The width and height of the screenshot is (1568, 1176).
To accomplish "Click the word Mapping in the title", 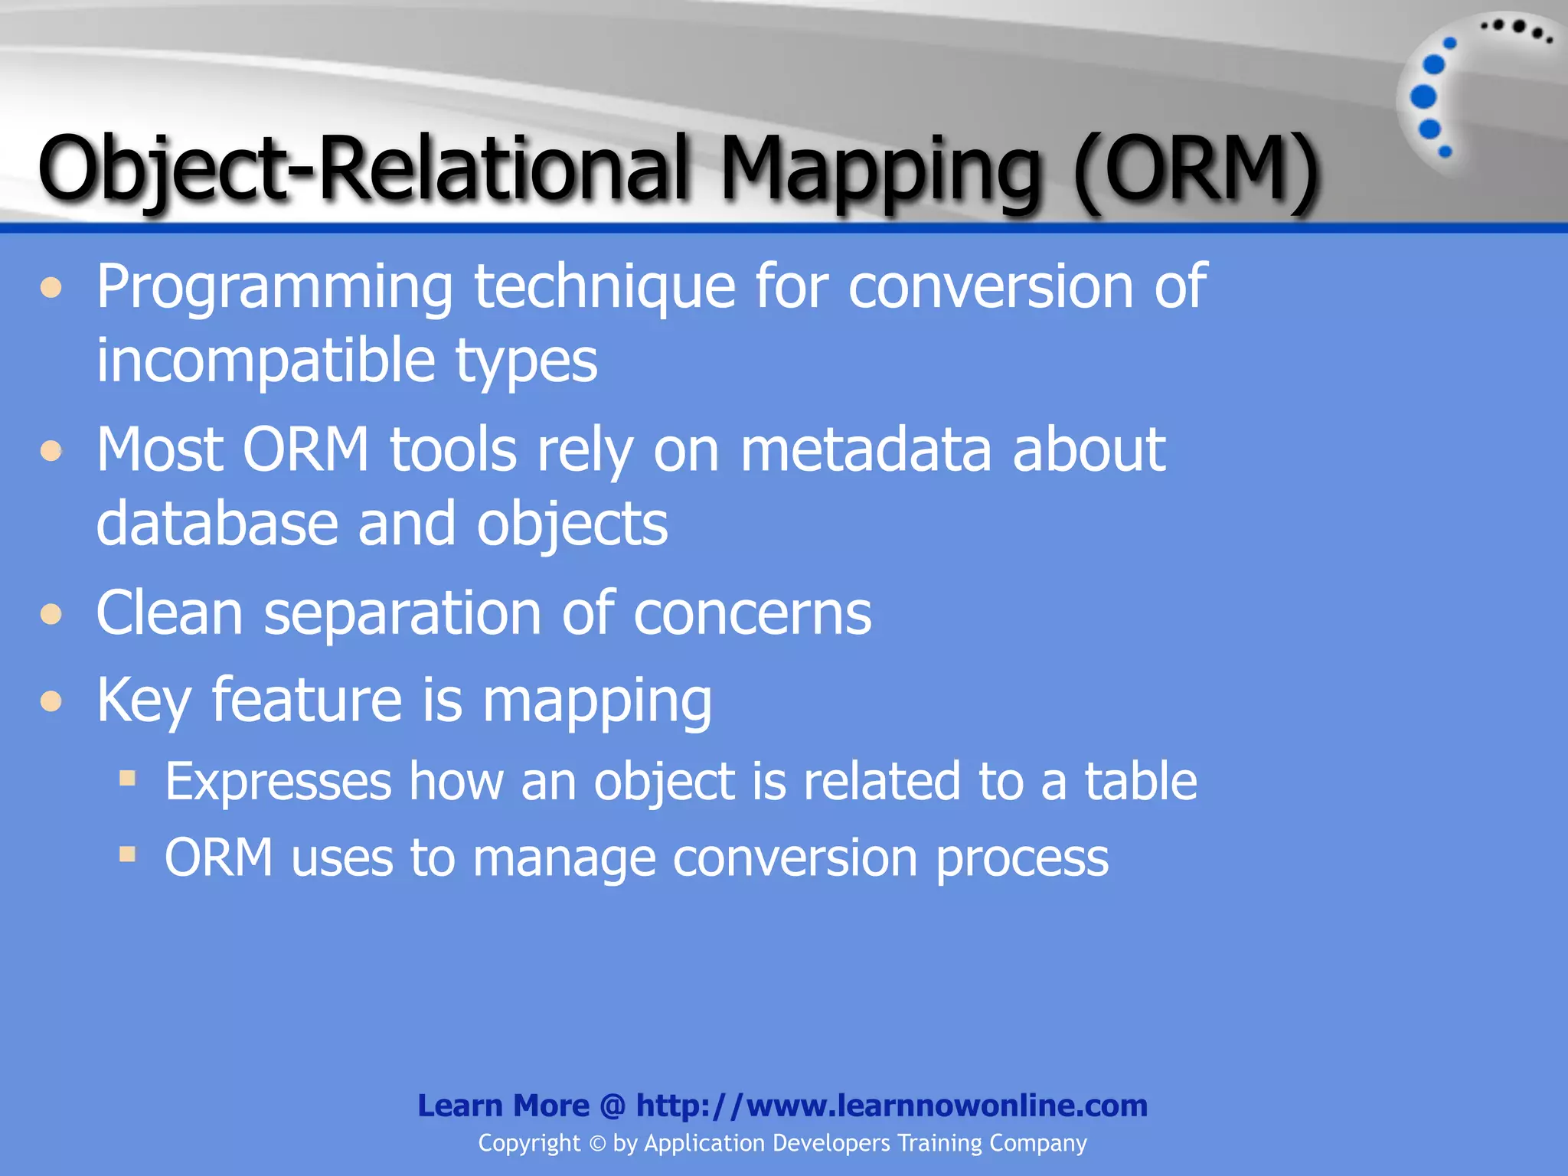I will click(x=880, y=170).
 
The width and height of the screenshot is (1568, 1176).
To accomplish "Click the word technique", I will click(x=605, y=288).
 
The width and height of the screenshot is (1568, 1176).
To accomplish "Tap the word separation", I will click(x=403, y=614).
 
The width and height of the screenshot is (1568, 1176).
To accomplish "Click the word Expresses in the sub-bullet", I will click(x=278, y=782).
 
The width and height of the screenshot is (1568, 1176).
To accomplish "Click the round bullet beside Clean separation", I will click(x=51, y=614).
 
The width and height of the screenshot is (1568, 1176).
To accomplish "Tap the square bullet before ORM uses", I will click(x=128, y=854).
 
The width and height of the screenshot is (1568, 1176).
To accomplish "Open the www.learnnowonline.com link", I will click(x=892, y=1106).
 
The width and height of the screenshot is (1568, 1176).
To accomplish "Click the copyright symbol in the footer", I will click(x=597, y=1144).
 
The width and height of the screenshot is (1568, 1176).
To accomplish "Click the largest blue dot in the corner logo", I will click(x=1423, y=96).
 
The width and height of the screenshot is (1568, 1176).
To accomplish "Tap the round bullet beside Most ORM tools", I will click(x=51, y=450).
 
